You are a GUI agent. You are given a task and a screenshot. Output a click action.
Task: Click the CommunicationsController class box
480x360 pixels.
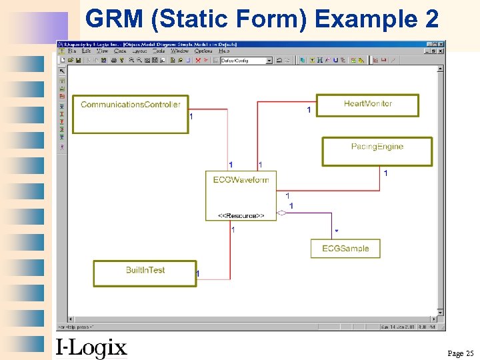131,113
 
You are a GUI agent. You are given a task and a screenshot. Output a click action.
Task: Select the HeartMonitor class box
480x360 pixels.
367,105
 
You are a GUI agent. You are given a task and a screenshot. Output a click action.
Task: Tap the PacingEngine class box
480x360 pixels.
377,151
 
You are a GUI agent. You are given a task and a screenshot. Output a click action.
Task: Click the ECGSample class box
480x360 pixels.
345,248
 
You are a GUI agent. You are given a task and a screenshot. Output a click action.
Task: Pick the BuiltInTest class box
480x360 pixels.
145,273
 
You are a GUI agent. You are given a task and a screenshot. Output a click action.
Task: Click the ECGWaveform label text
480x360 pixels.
241,180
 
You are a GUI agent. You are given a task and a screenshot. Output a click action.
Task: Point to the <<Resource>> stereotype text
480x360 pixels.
241,215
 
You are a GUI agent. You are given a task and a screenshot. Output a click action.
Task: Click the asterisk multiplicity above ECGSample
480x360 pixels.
336,231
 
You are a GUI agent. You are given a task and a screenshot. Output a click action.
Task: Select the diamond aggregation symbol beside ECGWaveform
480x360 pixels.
282,213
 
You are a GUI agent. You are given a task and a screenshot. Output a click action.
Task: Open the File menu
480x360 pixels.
71,51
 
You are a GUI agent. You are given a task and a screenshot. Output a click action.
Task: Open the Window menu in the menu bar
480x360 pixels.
179,51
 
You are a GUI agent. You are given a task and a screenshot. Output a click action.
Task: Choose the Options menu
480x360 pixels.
203,51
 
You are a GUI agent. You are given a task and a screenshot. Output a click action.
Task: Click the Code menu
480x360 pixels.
120,51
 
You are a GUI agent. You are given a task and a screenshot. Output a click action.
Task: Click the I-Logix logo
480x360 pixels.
91,347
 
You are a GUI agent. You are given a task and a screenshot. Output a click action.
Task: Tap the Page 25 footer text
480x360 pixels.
460,353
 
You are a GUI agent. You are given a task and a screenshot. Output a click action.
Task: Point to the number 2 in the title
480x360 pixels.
431,19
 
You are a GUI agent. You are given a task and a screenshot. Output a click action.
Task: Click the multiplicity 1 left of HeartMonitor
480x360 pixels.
308,110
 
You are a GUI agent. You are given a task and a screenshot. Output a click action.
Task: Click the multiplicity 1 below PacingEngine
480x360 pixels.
385,173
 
